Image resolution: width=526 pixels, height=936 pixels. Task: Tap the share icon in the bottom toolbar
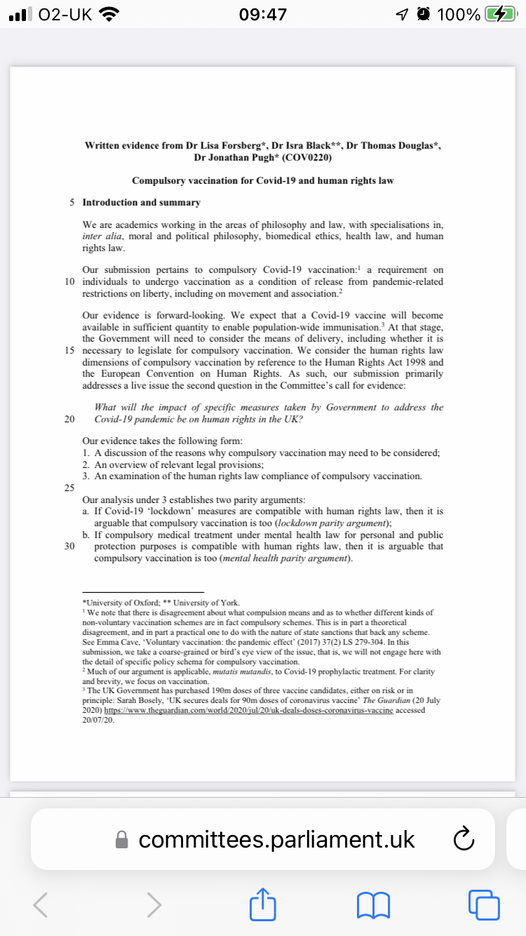[260, 904]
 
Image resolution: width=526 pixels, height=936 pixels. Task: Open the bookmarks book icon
[373, 904]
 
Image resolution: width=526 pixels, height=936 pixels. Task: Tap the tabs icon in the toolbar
[485, 904]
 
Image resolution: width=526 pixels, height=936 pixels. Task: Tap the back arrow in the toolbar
[41, 904]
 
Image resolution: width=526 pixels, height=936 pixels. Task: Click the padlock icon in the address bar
[122, 840]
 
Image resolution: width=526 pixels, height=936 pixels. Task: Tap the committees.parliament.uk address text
[276, 839]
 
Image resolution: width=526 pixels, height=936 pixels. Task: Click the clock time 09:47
[262, 14]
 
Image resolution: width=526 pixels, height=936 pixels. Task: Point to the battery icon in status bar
[502, 14]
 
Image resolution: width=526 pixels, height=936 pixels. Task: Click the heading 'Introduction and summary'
[141, 203]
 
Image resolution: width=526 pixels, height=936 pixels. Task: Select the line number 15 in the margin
[69, 350]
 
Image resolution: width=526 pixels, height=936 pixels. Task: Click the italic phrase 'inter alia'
[102, 236]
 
